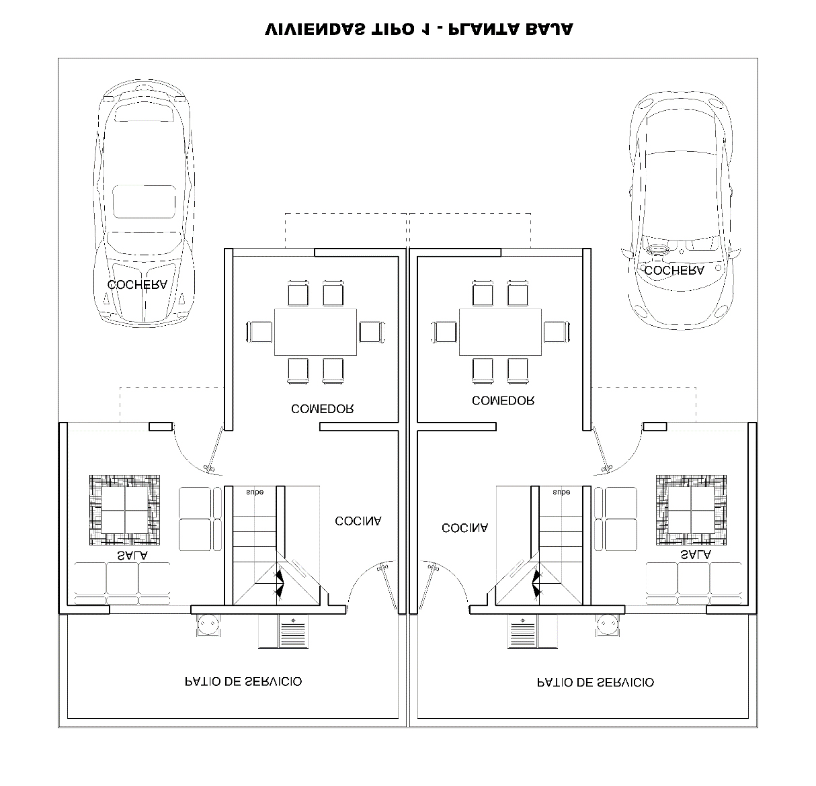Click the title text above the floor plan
(x=419, y=30)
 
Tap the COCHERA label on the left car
(x=138, y=285)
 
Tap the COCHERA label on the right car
(x=674, y=271)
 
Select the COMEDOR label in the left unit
(x=323, y=409)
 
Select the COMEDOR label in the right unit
(x=503, y=401)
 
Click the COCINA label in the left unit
(x=358, y=521)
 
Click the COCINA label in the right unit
(x=465, y=528)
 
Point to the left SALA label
(x=132, y=556)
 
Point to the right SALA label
(x=696, y=555)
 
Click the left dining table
(x=315, y=333)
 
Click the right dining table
(x=500, y=333)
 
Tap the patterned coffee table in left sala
(x=124, y=510)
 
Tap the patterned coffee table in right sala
(x=691, y=510)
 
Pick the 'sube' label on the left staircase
(x=255, y=492)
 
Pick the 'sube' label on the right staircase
(x=561, y=492)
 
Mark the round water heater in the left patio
(x=208, y=625)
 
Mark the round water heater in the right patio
(x=608, y=625)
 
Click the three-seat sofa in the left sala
(x=122, y=584)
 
